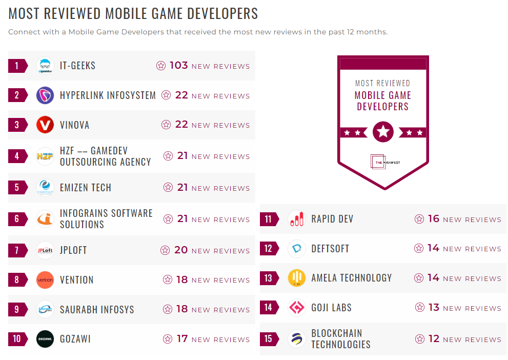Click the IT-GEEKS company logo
click(45, 66)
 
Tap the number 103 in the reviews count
click(179, 66)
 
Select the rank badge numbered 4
click(17, 156)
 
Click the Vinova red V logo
click(45, 125)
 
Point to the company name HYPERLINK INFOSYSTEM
click(108, 95)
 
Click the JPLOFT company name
click(73, 250)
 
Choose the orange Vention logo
click(45, 280)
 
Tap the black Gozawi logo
click(45, 339)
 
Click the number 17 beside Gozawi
click(182, 339)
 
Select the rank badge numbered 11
click(269, 219)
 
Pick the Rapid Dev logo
click(297, 219)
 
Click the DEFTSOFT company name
click(330, 249)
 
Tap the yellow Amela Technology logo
click(297, 278)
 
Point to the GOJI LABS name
click(331, 308)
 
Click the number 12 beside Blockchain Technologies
click(434, 339)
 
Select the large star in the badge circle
click(383, 132)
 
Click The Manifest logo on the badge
click(383, 162)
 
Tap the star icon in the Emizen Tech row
click(168, 188)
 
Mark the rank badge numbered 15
click(269, 339)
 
